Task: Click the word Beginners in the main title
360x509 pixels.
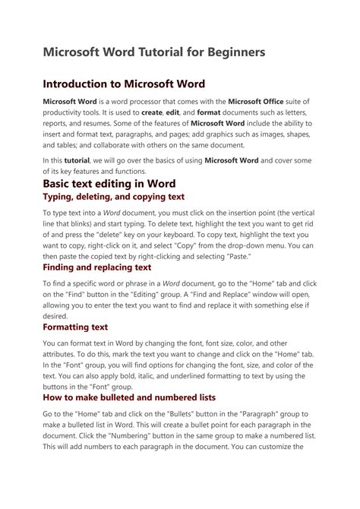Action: tap(231, 52)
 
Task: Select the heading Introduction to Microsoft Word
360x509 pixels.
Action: tap(124, 84)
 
